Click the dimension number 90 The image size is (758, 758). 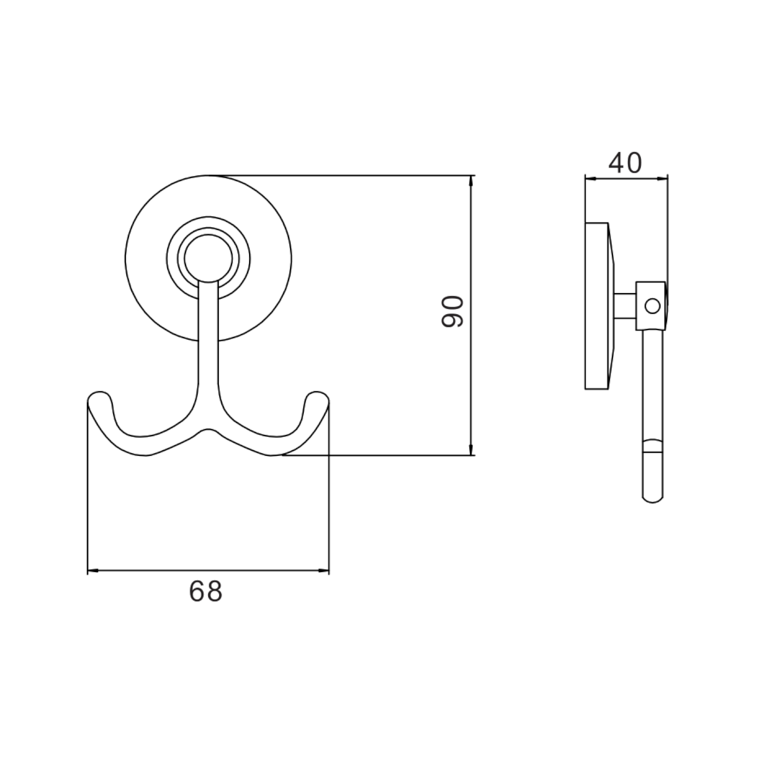click(452, 312)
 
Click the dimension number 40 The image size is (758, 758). click(625, 163)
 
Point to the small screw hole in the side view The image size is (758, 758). click(652, 306)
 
